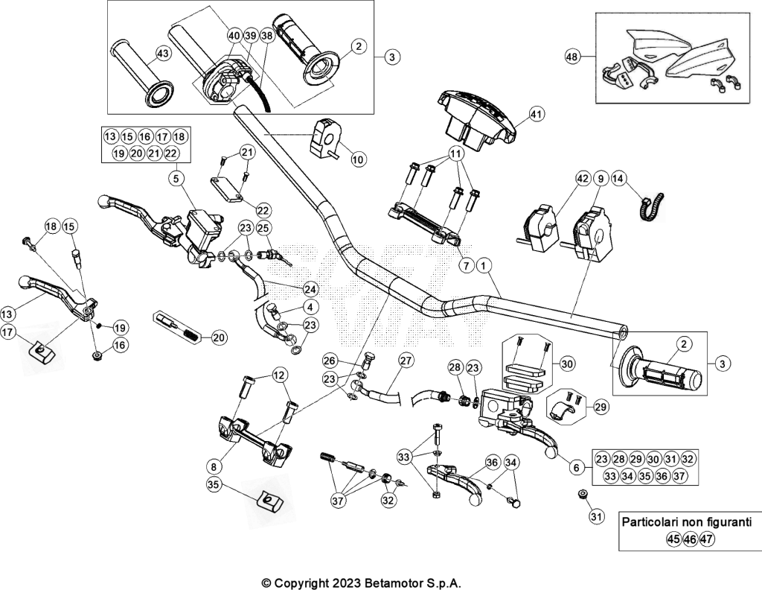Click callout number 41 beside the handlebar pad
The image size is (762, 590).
click(x=537, y=115)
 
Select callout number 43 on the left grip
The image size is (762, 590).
click(x=163, y=53)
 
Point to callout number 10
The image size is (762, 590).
click(x=359, y=159)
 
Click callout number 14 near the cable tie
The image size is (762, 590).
click(x=618, y=179)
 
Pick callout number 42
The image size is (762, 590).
click(x=583, y=179)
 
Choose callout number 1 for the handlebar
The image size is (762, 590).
click(x=484, y=265)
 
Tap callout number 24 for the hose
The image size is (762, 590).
click(x=310, y=289)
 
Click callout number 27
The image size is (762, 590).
click(x=406, y=361)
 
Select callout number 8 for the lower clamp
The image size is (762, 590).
click(x=214, y=467)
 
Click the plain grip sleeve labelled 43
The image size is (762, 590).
click(x=141, y=72)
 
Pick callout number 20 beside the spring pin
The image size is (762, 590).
click(x=220, y=337)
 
